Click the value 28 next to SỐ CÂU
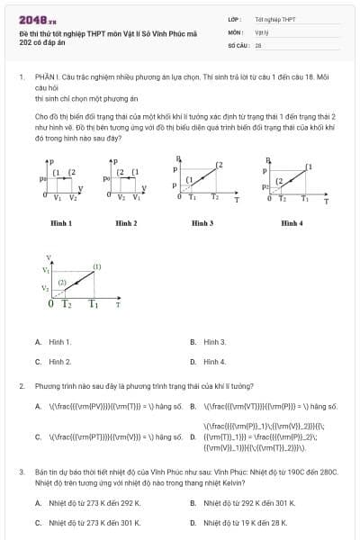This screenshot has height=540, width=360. click(x=258, y=44)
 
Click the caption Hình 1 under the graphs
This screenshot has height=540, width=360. click(x=61, y=222)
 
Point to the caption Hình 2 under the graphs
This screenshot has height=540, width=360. click(x=125, y=222)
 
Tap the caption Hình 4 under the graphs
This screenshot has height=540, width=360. click(x=292, y=222)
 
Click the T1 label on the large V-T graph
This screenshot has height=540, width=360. click(x=93, y=304)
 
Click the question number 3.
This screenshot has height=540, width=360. click(x=21, y=472)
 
